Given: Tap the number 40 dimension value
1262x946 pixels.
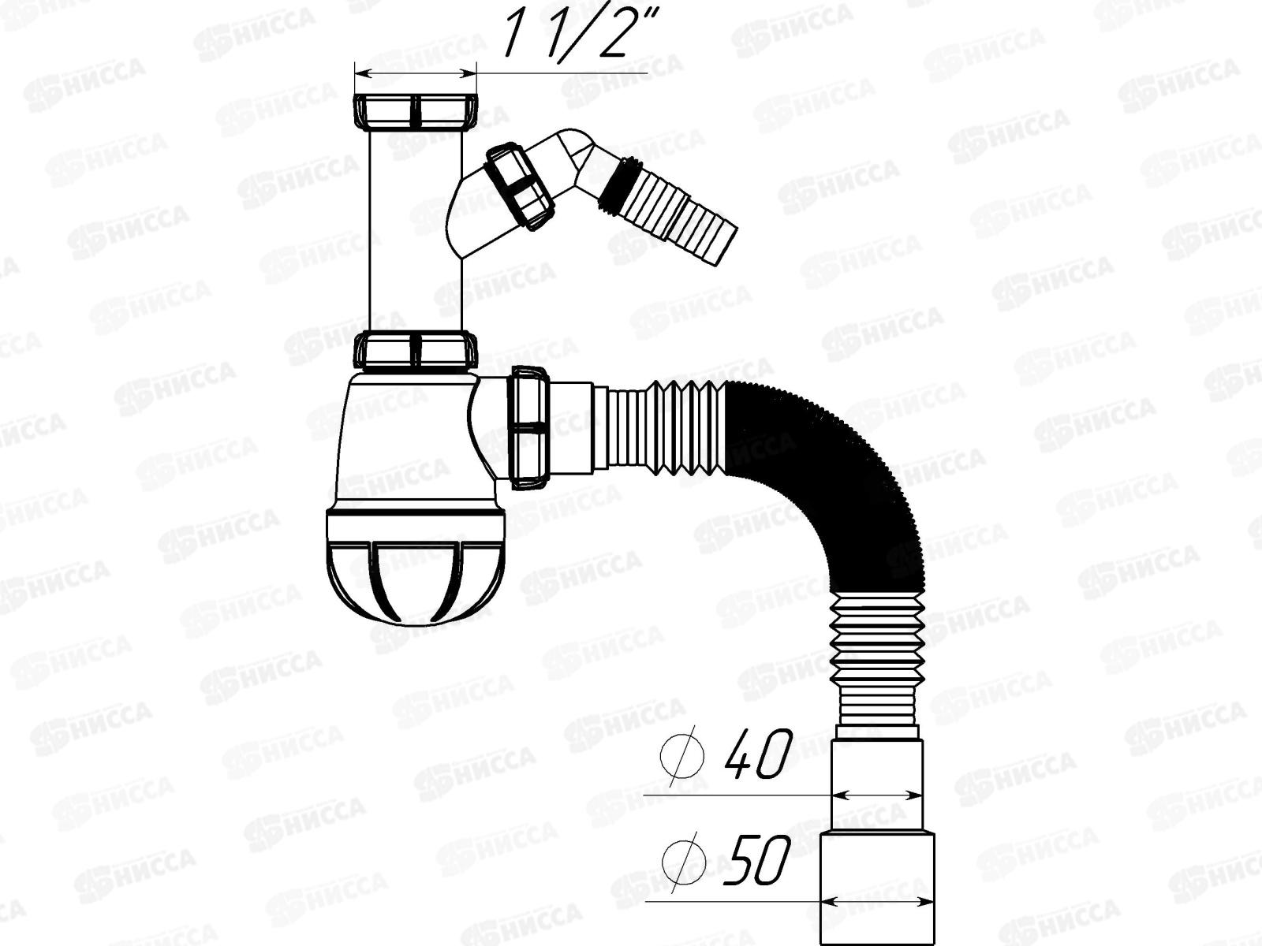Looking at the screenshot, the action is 758,754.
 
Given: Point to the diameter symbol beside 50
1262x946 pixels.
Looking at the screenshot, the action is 684,861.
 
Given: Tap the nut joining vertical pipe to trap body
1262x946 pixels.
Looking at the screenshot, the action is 415,349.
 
